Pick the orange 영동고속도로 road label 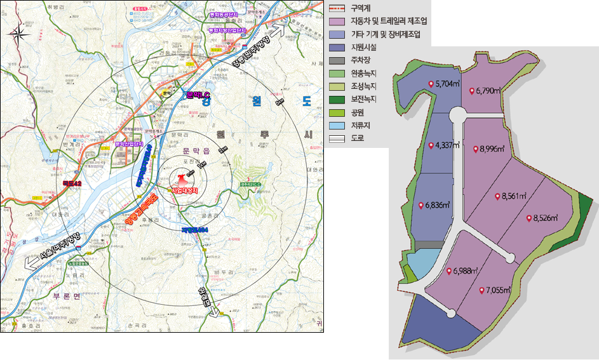pos(140,212)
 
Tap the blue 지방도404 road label pos(194,229)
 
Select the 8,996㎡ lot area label pos(492,150)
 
